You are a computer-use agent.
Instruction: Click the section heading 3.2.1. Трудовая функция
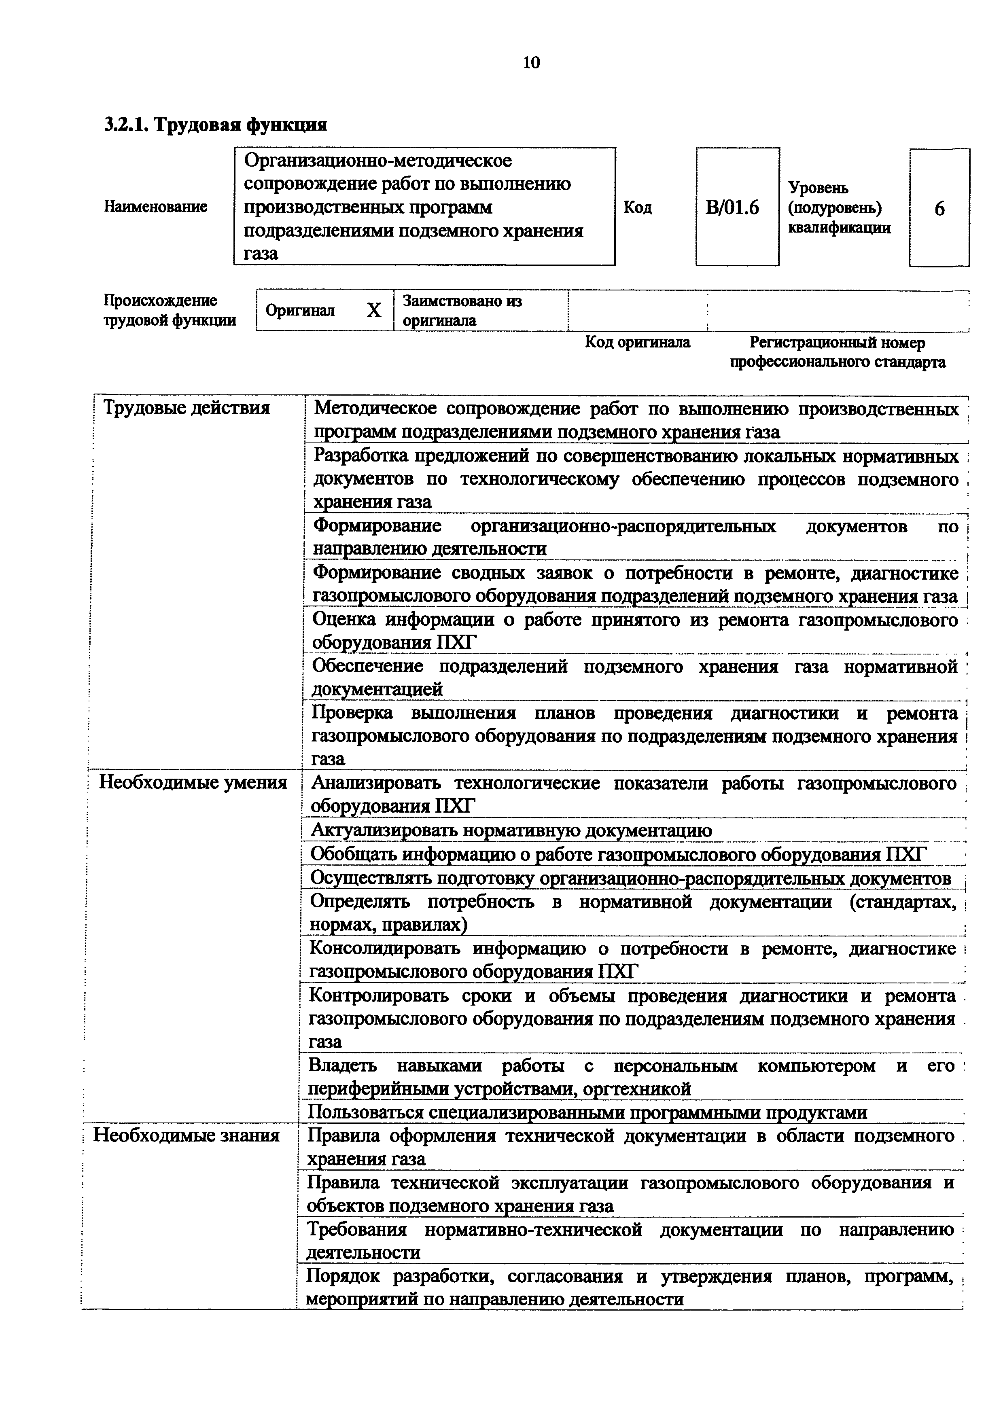click(x=215, y=125)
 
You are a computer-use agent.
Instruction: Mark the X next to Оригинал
click(x=374, y=310)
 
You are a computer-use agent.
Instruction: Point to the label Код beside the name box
click(x=638, y=208)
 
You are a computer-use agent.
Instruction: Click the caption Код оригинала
click(x=637, y=342)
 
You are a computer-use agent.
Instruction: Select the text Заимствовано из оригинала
click(x=462, y=310)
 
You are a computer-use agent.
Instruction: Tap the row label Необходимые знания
click(x=186, y=1135)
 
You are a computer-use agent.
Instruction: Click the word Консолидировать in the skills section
click(x=384, y=949)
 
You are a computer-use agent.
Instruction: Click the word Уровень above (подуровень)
click(x=818, y=188)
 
